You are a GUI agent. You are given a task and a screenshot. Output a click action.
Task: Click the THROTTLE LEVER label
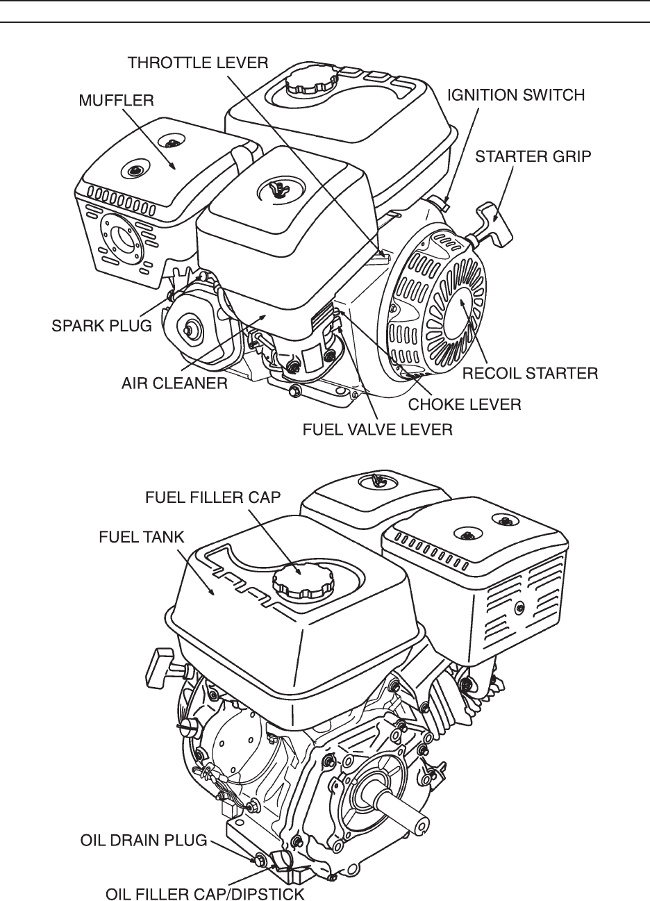198,63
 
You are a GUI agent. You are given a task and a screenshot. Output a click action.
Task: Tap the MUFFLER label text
116,100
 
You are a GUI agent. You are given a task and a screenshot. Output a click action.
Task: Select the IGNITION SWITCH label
516,95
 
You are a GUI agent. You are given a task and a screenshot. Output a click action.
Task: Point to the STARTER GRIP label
533,156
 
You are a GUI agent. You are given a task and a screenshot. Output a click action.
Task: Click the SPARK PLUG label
101,325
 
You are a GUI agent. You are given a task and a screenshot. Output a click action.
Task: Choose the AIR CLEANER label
174,383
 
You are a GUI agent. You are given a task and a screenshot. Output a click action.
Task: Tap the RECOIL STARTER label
531,373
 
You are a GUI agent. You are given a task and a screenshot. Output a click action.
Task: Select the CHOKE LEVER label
465,404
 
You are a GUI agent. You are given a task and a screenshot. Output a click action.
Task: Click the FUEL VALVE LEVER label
378,429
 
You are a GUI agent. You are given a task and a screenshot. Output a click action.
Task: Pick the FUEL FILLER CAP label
212,497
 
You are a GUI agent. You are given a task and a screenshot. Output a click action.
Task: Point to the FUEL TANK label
142,537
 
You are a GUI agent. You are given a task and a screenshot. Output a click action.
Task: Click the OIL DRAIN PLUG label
144,841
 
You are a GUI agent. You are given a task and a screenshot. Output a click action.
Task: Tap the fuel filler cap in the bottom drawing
303,581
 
